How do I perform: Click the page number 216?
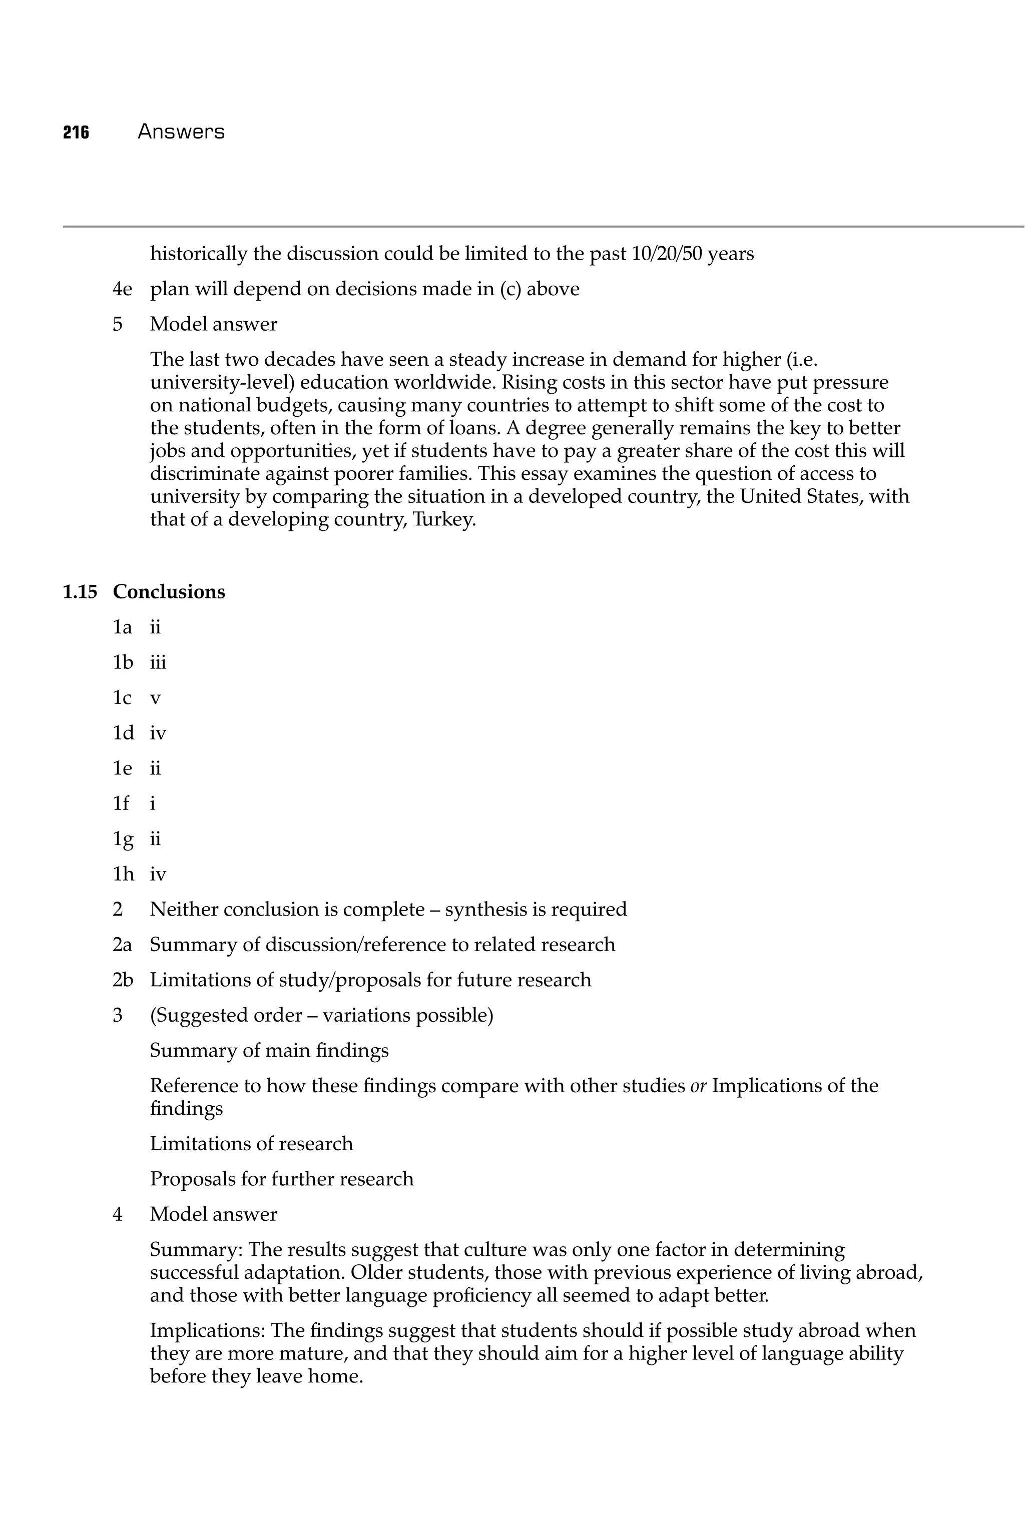pyautogui.click(x=76, y=133)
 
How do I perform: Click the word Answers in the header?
pyautogui.click(x=181, y=132)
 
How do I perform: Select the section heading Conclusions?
pyautogui.click(x=169, y=592)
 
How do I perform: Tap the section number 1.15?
pyautogui.click(x=80, y=592)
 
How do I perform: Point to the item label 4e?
pyautogui.click(x=122, y=289)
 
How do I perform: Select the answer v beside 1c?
pyautogui.click(x=155, y=698)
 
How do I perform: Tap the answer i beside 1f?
pyautogui.click(x=152, y=803)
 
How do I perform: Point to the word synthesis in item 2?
pyautogui.click(x=487, y=910)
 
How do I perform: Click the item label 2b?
pyautogui.click(x=123, y=980)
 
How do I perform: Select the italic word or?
pyautogui.click(x=698, y=1086)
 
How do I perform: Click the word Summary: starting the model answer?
pyautogui.click(x=197, y=1250)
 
